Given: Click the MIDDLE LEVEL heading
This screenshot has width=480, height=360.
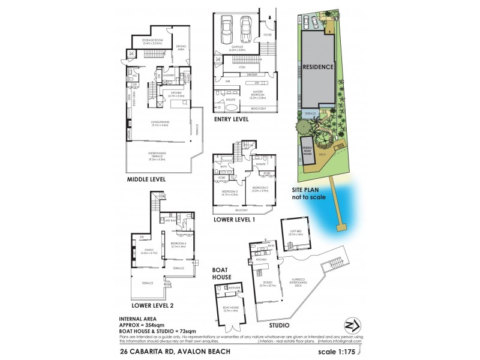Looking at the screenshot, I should pos(146,179).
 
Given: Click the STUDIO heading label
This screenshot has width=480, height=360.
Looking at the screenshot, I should pos(275,326).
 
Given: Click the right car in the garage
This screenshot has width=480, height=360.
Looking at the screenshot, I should pos(247,28).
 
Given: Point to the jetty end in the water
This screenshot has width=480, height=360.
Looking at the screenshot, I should pos(343,227).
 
